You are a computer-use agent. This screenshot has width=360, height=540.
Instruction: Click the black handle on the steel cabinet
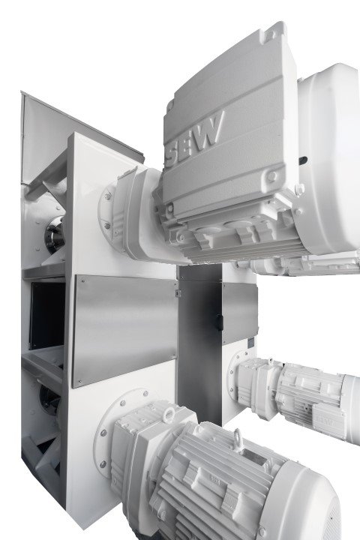[220, 322]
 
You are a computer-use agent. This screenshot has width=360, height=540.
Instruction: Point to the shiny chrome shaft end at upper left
[55, 235]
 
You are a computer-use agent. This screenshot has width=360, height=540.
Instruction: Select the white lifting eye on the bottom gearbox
[169, 415]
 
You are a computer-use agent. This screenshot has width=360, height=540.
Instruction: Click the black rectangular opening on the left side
[47, 316]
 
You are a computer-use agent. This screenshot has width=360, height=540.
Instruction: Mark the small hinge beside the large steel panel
[178, 293]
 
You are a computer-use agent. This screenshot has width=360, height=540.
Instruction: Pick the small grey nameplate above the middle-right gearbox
[251, 343]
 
